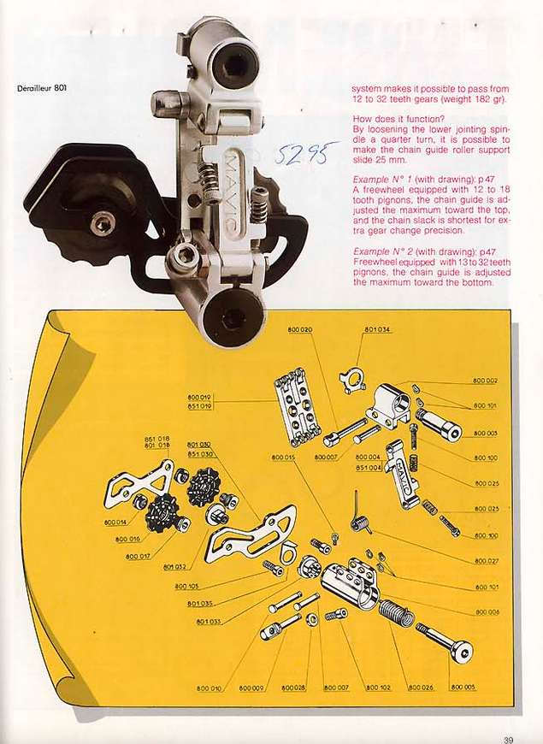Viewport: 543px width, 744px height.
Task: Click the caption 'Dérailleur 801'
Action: coord(43,88)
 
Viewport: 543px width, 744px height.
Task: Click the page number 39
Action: coord(509,730)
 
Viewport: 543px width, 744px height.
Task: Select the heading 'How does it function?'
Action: coord(397,119)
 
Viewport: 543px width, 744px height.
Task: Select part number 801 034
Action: coord(377,330)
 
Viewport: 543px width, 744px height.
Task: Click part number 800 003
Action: coord(486,434)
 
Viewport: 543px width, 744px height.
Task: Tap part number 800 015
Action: coord(283,458)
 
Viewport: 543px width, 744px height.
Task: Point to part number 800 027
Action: coord(486,561)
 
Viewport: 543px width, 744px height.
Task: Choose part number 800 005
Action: coord(463,688)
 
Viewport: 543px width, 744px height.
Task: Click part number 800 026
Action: coord(421,688)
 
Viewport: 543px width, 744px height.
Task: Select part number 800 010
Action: coord(209,688)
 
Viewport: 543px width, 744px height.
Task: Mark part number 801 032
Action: coord(175,565)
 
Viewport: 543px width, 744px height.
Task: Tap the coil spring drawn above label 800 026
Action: coord(395,612)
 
